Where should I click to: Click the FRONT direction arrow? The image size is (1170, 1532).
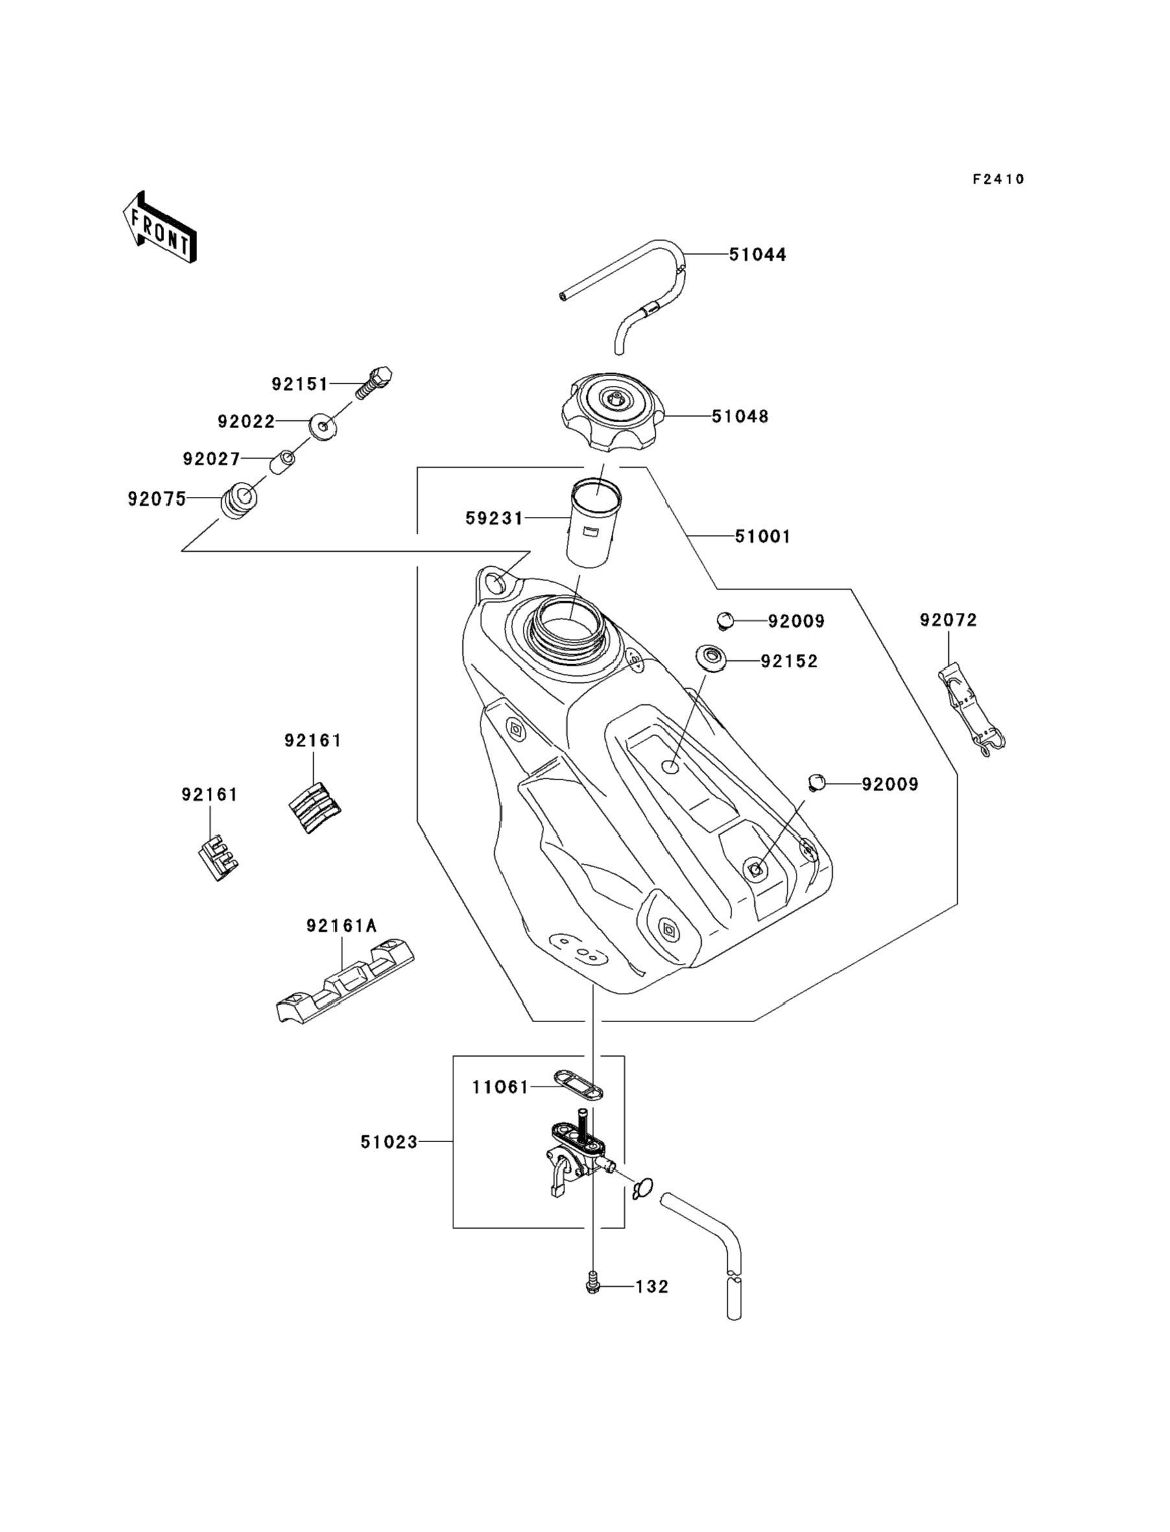coord(160,228)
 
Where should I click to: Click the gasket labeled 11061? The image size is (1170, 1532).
coord(578,1084)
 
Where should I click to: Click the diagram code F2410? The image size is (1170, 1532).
coord(998,180)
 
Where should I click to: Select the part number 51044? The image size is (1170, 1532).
coord(757,255)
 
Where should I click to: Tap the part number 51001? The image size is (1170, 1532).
coord(763,536)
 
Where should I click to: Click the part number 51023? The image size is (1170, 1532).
coord(388,1142)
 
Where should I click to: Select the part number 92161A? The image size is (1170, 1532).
coord(341,926)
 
